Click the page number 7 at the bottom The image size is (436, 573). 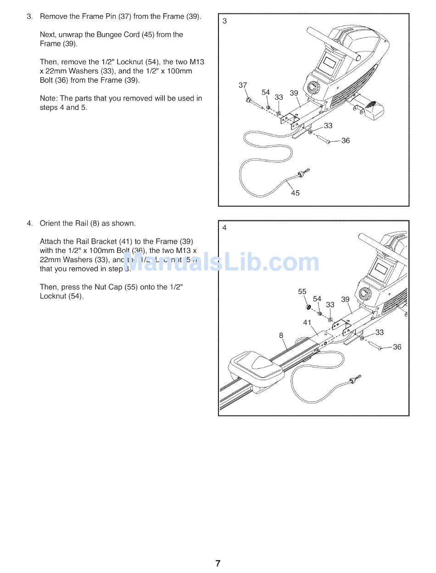click(x=218, y=563)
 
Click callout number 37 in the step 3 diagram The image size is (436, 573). click(x=243, y=85)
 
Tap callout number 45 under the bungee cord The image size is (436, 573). click(x=295, y=193)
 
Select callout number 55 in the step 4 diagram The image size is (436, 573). click(x=302, y=292)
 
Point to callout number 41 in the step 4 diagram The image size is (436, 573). click(x=307, y=322)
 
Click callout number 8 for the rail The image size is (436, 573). click(x=281, y=335)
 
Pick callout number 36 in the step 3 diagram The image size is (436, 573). click(x=346, y=140)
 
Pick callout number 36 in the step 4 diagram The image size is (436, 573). click(x=397, y=347)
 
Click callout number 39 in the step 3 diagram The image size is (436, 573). click(x=294, y=93)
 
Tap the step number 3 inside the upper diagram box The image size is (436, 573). click(x=224, y=21)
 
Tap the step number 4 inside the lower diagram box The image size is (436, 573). click(x=224, y=227)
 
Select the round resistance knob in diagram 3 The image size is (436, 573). click(x=314, y=87)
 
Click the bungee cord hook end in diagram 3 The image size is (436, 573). click(x=304, y=173)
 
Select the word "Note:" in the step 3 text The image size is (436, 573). click(x=49, y=98)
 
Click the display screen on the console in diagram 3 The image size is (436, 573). click(x=330, y=60)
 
